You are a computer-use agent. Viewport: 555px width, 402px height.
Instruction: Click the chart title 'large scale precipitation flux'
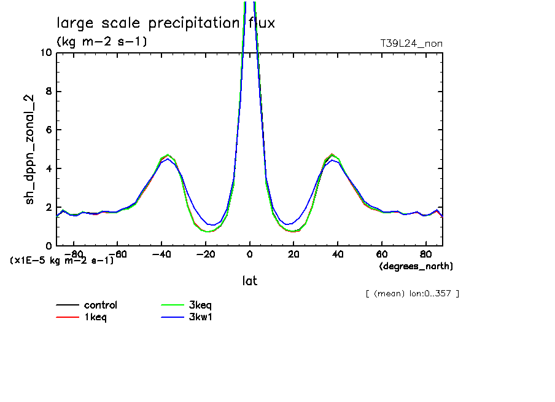pos(166,23)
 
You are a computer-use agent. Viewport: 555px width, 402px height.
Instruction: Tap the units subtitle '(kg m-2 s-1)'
pos(102,42)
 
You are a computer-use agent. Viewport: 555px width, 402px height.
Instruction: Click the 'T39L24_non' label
pos(411,43)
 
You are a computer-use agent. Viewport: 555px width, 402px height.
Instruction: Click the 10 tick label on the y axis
pos(46,53)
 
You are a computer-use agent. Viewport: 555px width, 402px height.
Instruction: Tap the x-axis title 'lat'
pos(249,281)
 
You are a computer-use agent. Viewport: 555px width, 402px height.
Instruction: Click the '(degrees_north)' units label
pos(416,266)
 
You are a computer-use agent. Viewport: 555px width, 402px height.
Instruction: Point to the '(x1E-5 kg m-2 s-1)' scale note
pos(62,260)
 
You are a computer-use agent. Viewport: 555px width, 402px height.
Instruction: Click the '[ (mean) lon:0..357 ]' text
pos(412,293)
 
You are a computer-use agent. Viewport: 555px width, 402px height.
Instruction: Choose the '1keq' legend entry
pos(95,317)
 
